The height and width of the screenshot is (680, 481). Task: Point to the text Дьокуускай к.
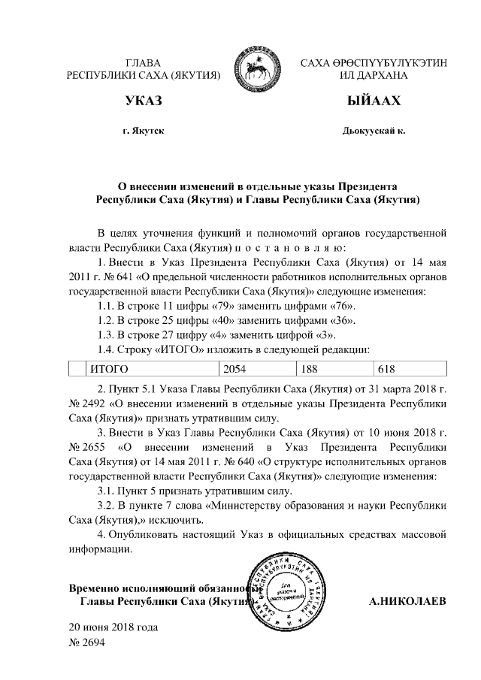click(x=374, y=131)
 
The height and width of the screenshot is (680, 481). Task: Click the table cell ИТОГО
click(x=110, y=368)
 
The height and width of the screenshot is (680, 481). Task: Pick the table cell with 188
click(x=310, y=368)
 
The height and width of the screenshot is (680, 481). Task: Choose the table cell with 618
click(x=386, y=368)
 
